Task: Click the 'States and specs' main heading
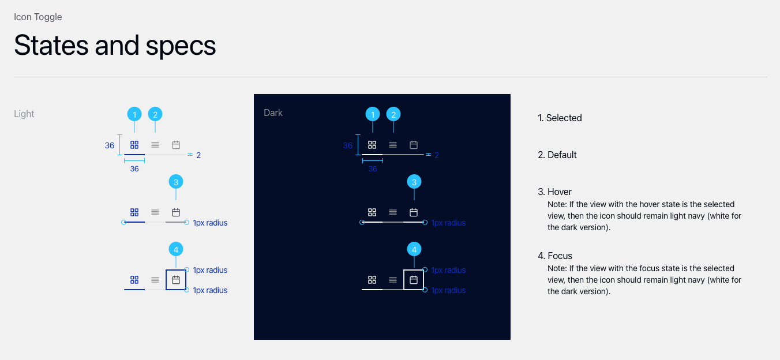point(115,46)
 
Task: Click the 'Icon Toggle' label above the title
point(38,17)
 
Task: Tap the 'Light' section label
point(24,114)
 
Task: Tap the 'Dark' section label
point(273,112)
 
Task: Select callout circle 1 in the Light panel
point(134,114)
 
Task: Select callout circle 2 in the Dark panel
point(393,114)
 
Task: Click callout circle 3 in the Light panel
point(176,182)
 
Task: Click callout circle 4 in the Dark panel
point(414,249)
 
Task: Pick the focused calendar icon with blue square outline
point(176,280)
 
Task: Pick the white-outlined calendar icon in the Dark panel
point(414,280)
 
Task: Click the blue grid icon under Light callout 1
point(134,145)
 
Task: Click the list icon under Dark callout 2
point(393,145)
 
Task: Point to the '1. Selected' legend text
point(560,118)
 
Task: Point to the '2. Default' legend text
point(557,155)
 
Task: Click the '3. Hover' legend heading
point(554,192)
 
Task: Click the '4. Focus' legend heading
point(555,256)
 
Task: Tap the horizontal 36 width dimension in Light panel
point(134,169)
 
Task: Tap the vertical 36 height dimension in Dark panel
point(348,145)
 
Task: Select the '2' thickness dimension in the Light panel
point(198,155)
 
